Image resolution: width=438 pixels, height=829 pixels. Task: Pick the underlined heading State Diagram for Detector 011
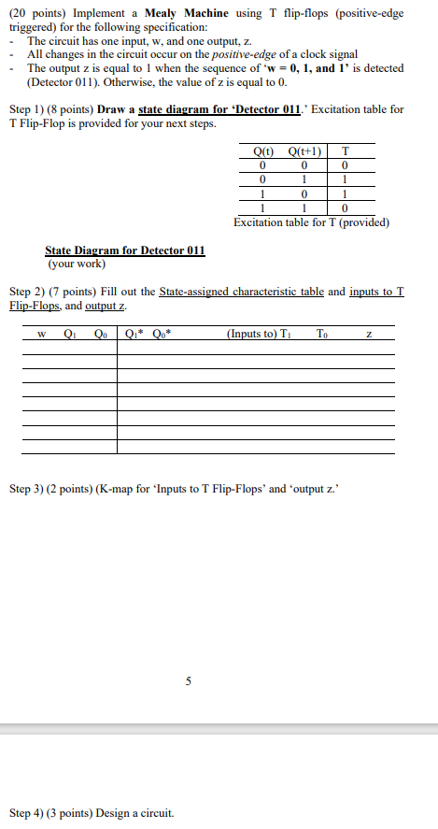[124, 250]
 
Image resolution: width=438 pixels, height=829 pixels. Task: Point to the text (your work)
[74, 263]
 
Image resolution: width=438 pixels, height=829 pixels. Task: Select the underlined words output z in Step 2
[107, 306]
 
